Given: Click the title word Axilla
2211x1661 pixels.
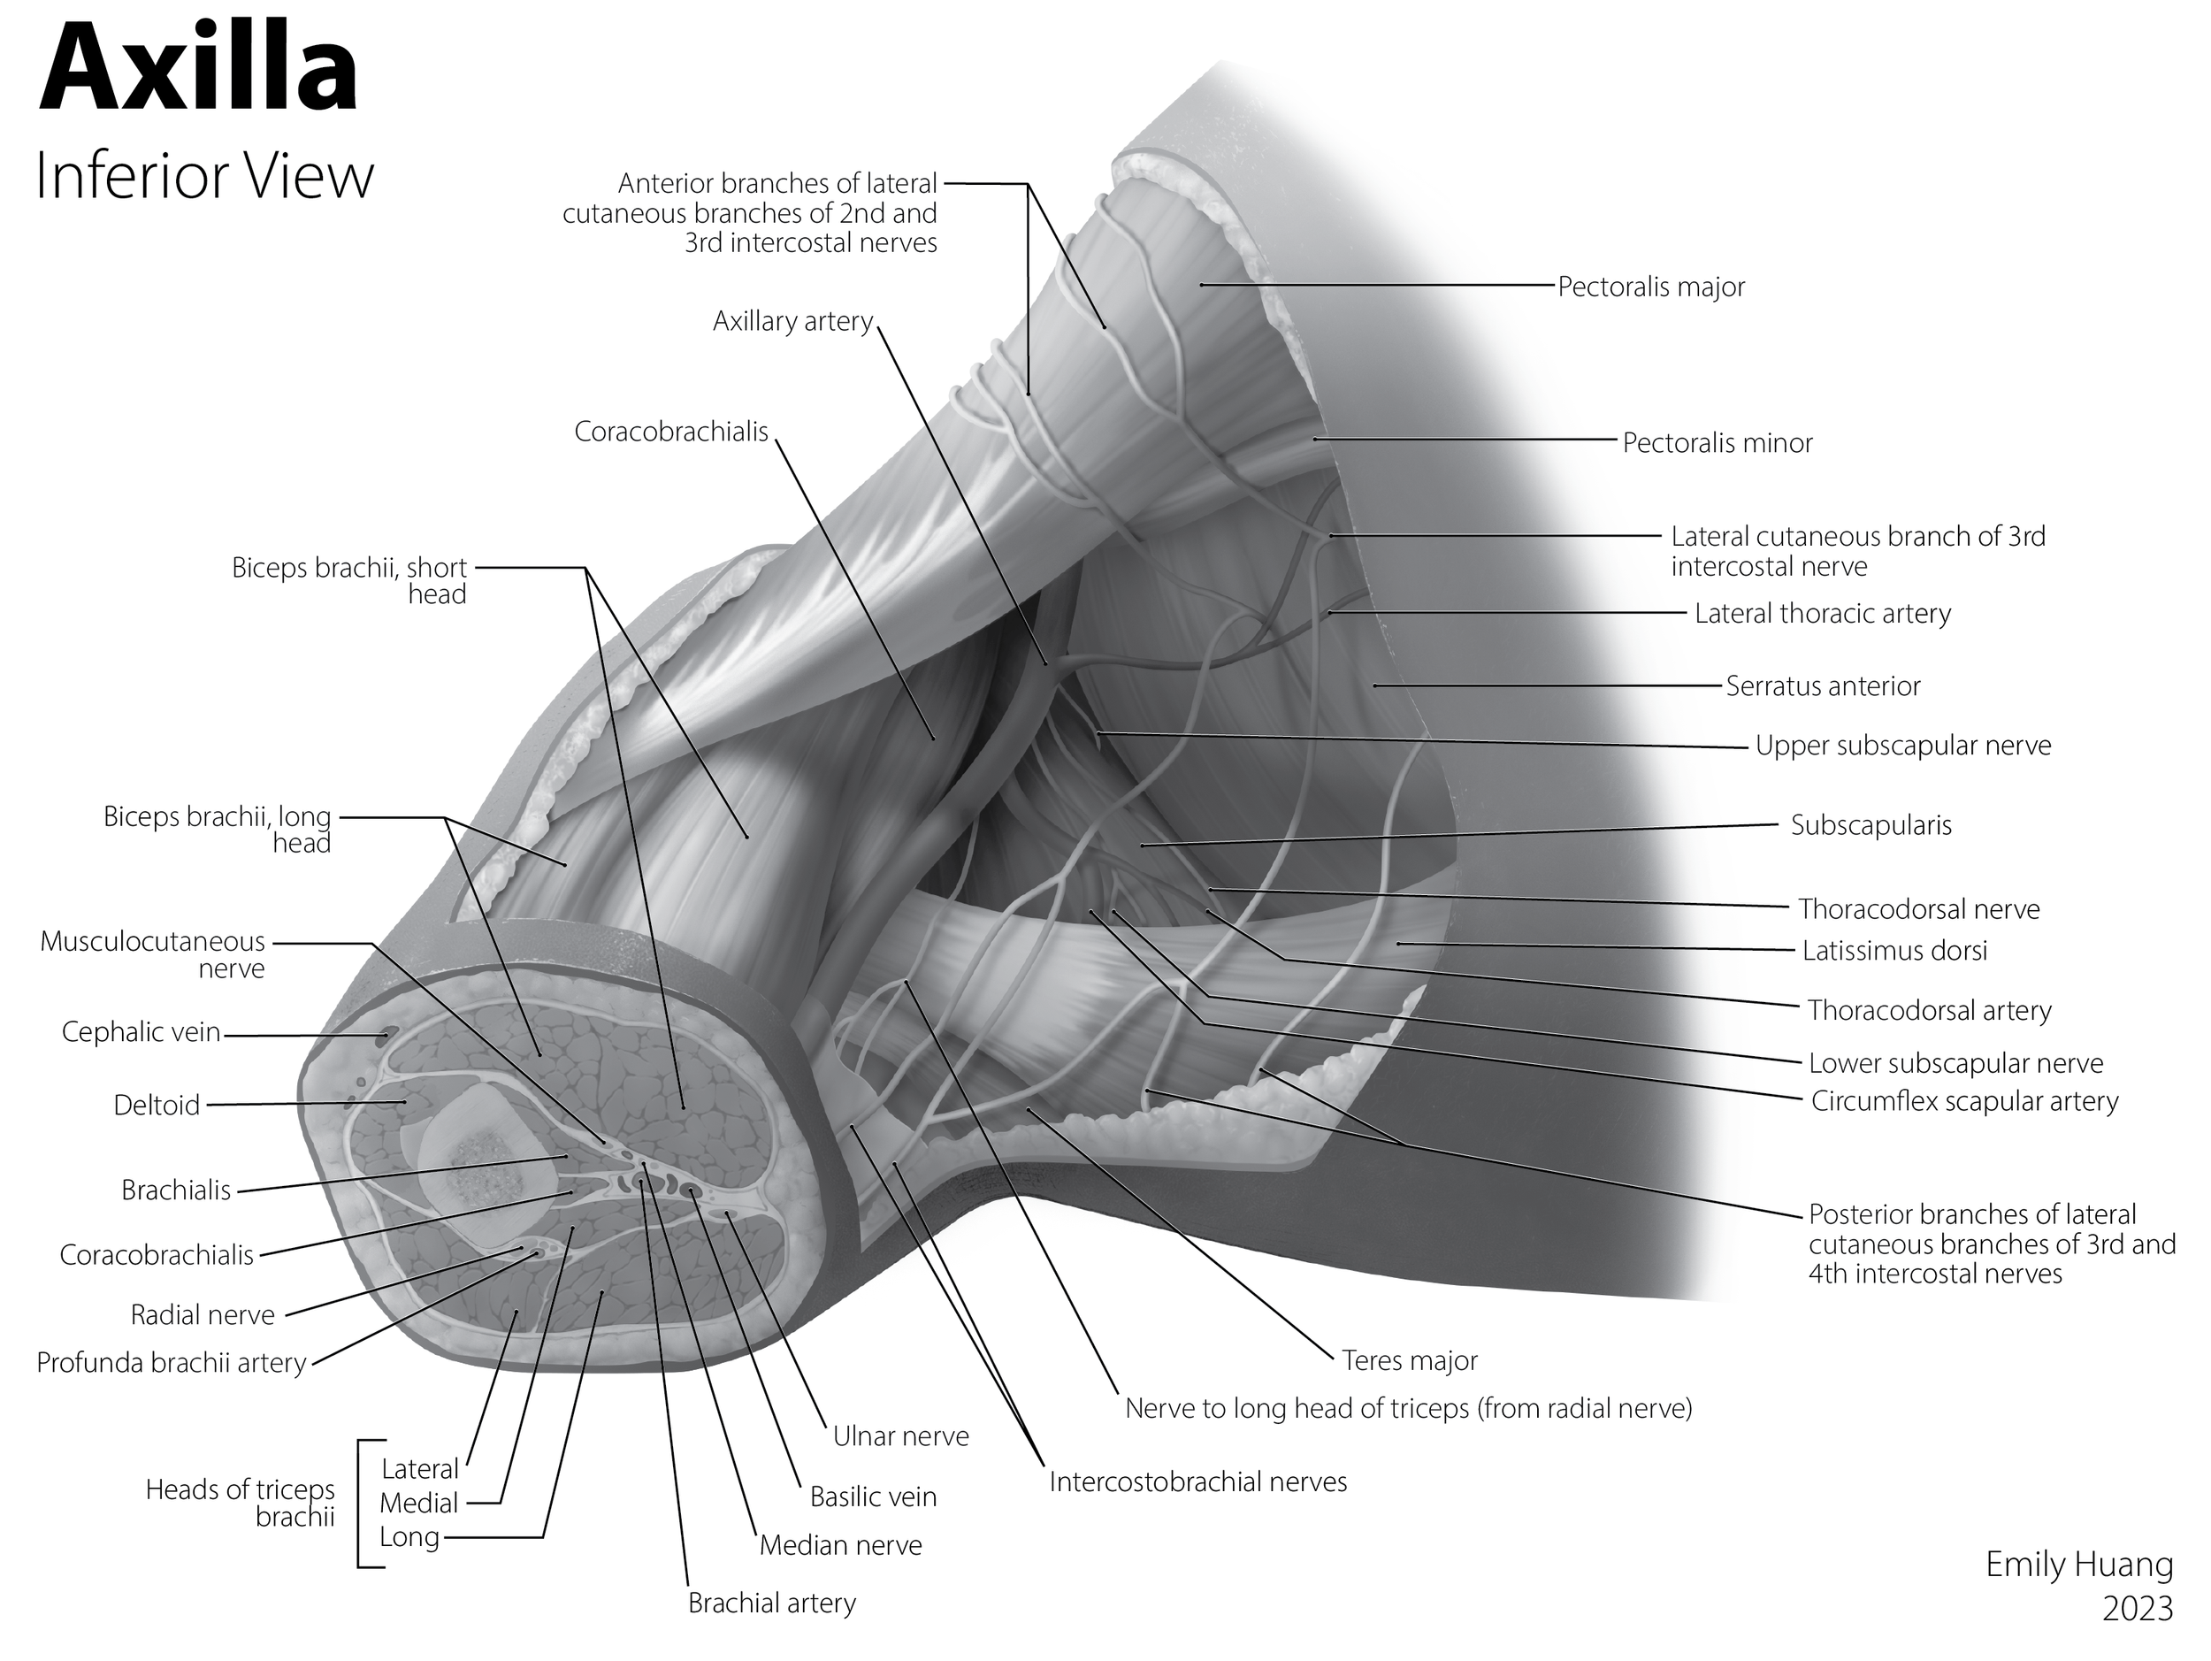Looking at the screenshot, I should [198, 70].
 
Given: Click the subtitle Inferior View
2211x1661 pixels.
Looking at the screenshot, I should [204, 176].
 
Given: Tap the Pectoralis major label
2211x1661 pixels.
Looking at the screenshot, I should [1650, 287].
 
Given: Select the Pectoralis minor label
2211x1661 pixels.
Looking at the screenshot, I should [1717, 443].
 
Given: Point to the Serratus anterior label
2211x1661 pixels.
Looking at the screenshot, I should [1822, 686].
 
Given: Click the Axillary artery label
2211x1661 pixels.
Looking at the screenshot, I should [792, 322].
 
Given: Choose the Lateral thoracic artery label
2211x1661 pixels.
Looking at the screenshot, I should [1822, 614].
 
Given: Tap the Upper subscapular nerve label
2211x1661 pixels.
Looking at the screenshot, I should [1902, 746].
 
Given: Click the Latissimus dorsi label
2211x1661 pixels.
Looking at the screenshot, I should [1894, 951].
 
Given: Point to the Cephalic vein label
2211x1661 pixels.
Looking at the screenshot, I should [141, 1032].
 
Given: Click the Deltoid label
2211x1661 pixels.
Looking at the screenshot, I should [157, 1106].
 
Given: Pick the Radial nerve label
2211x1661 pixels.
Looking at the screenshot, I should [202, 1315].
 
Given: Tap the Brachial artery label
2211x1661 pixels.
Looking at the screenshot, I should [772, 1603].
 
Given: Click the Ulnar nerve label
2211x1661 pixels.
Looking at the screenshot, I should [900, 1437].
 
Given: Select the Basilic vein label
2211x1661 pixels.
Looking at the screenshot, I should [873, 1497].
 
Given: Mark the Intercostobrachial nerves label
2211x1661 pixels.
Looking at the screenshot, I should [1197, 1482].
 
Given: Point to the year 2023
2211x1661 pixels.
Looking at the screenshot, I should [2137, 1608].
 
